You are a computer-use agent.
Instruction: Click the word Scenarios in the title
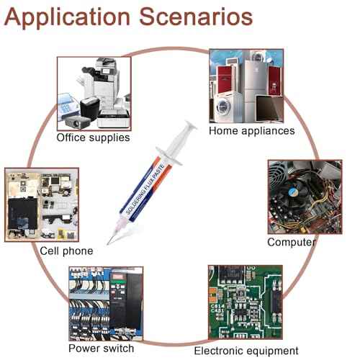coord(196,17)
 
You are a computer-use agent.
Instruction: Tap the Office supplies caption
coord(93,138)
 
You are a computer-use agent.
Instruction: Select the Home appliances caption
coord(252,131)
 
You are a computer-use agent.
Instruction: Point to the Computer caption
coord(292,242)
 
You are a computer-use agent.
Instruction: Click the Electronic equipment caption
coord(246,351)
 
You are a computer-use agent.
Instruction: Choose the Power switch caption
coord(102,348)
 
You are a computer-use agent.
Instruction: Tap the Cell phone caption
coord(66,251)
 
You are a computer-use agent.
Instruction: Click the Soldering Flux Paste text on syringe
coord(145,189)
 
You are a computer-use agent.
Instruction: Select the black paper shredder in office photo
coord(89,109)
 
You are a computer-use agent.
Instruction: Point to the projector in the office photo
coord(77,122)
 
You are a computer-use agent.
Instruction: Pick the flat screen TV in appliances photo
coord(269,109)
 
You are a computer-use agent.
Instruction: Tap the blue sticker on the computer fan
coord(292,192)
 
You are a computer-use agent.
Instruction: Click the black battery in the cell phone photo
coord(22,213)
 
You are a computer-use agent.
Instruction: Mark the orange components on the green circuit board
coord(213,294)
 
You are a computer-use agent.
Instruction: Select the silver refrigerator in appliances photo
coord(255,91)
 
